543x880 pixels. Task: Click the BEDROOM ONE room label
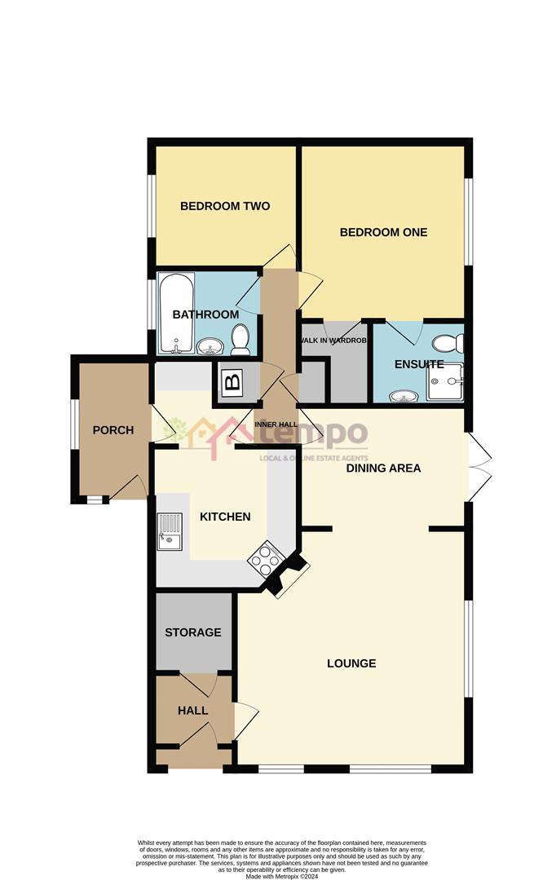point(383,232)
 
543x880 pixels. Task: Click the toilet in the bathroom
point(241,340)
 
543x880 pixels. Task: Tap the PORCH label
point(113,430)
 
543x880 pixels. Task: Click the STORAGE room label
point(193,632)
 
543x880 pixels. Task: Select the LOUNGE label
point(351,663)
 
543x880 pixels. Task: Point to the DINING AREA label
point(383,468)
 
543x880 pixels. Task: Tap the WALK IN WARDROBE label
point(335,341)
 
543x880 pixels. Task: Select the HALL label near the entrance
point(192,711)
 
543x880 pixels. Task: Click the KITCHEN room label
point(225,517)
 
